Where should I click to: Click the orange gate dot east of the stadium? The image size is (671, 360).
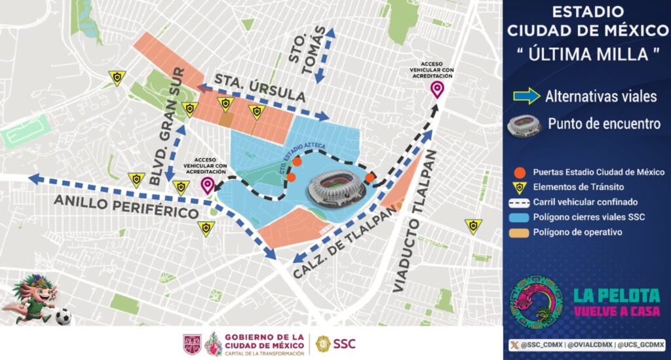tap(370, 178)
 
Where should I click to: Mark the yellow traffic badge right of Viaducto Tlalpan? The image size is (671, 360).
tap(472, 226)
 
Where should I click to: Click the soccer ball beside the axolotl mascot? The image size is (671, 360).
tap(62, 317)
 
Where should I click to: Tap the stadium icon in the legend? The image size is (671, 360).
tap(525, 123)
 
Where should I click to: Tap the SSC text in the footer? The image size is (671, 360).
tap(345, 344)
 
